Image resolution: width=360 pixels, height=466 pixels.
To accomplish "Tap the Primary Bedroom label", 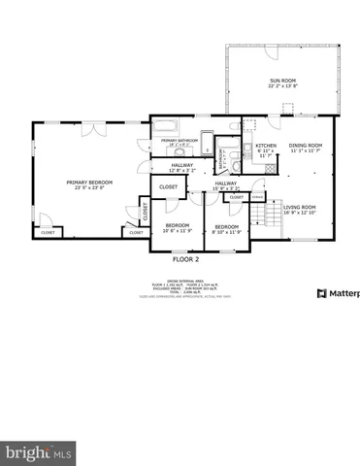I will click(x=90, y=185).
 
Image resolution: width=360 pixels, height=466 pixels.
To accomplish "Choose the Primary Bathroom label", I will click(x=180, y=141).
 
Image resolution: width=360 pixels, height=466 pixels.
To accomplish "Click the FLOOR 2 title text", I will click(x=185, y=260).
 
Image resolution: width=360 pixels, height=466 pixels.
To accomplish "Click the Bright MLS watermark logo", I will click(x=39, y=452).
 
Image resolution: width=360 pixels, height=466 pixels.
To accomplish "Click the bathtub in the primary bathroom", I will click(x=166, y=126).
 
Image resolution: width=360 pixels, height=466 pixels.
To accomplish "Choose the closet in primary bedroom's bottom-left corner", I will click(x=48, y=232).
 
